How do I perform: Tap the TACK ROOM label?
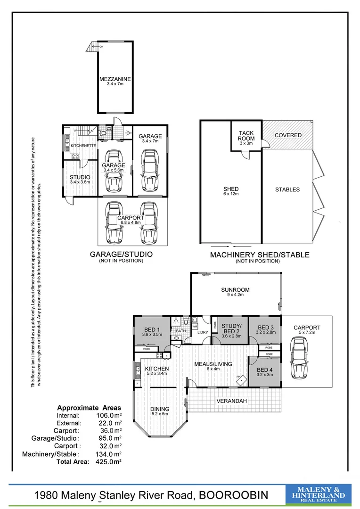pyautogui.click(x=246, y=135)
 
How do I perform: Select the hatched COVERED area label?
pyautogui.click(x=288, y=135)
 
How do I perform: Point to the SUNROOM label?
pyautogui.click(x=235, y=290)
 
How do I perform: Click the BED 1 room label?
pyautogui.click(x=153, y=329)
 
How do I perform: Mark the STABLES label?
pyautogui.click(x=287, y=189)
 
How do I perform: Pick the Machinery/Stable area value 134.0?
pyautogui.click(x=106, y=454)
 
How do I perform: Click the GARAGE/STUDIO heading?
pyautogui.click(x=121, y=254)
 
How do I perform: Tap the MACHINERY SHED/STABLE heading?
pyautogui.click(x=259, y=255)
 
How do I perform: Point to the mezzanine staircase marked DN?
pyautogui.click(x=91, y=46)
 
